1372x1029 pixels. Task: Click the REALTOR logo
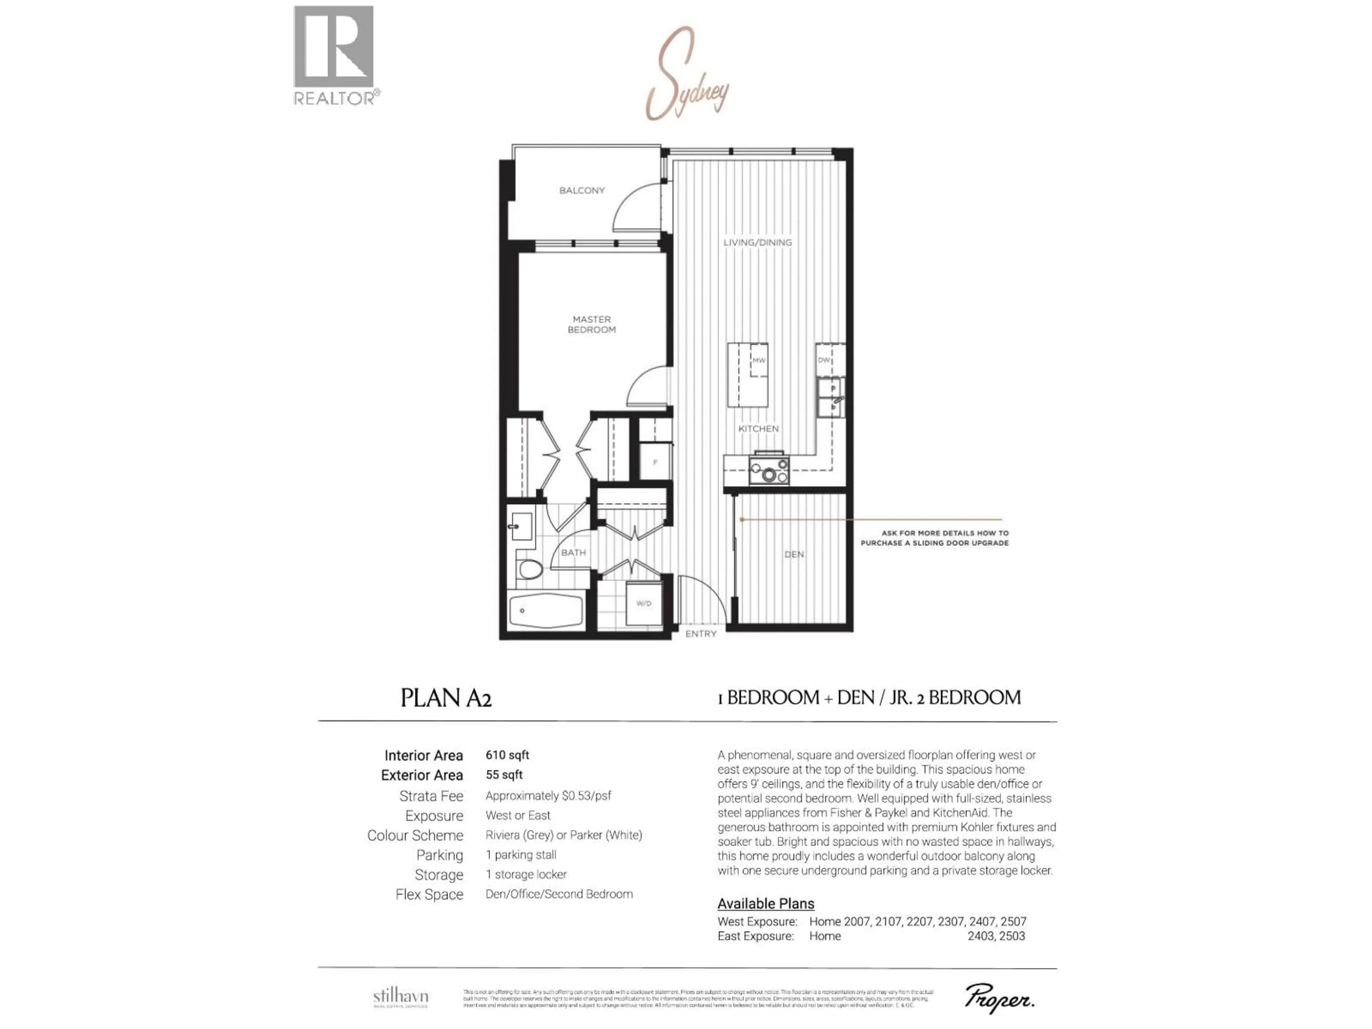click(335, 56)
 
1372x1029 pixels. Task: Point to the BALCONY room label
click(582, 190)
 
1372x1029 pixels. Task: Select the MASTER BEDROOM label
click(592, 324)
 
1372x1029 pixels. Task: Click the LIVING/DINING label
click(757, 243)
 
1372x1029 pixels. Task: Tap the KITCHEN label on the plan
click(758, 429)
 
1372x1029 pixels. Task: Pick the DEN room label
click(794, 555)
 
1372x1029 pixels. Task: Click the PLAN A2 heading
click(446, 699)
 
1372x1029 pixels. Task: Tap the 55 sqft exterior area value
click(504, 775)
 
